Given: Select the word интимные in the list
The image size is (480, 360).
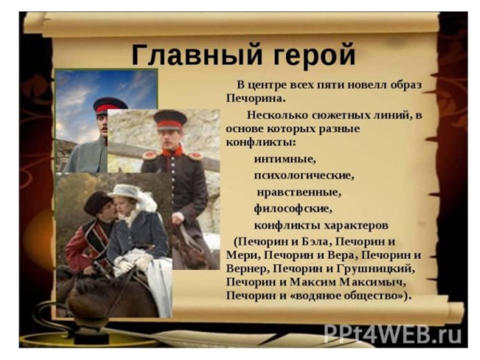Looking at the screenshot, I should point(284,160).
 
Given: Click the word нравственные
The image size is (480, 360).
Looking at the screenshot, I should point(298,193).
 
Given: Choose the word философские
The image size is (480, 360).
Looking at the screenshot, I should point(292,209).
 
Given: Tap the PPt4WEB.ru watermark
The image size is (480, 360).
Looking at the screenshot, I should point(392,333).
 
